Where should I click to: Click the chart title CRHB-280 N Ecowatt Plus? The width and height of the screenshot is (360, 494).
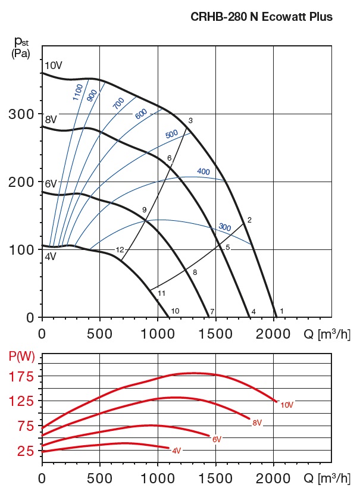261,17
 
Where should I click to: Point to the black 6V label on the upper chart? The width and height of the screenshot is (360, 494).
51,184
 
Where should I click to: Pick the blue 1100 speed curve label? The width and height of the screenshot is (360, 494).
77,91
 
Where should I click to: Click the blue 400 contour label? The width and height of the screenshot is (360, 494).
204,172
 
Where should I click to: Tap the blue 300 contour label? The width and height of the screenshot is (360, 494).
224,227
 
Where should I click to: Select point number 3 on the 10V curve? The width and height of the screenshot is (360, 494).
190,121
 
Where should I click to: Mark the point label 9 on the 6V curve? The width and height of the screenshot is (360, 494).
144,210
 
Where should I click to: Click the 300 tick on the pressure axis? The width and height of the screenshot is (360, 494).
20,114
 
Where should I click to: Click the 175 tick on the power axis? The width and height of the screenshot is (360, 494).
22,377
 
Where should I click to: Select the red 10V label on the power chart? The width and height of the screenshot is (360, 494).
287,405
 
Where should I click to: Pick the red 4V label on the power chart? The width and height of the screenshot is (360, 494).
176,451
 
